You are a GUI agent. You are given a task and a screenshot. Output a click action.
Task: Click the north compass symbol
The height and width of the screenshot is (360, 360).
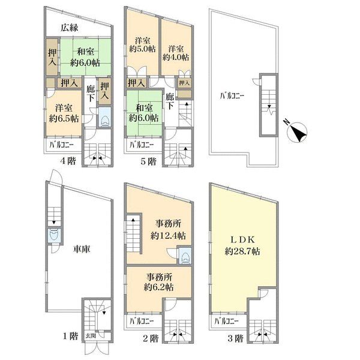(x=296, y=131)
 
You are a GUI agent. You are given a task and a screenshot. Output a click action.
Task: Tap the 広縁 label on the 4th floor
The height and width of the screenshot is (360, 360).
(x=70, y=28)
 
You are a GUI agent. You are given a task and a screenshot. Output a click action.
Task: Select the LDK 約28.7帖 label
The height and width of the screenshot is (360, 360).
(x=242, y=246)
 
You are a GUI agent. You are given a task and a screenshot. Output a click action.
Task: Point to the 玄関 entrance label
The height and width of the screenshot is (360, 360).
(x=91, y=336)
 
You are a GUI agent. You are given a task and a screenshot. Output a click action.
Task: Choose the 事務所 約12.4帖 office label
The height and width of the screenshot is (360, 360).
(x=168, y=230)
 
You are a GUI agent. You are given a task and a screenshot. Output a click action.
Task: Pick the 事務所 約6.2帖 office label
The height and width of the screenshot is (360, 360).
(x=158, y=282)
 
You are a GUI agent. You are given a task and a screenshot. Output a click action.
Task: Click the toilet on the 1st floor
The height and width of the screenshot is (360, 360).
(x=55, y=235)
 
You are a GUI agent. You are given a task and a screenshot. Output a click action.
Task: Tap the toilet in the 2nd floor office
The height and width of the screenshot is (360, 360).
(x=185, y=256)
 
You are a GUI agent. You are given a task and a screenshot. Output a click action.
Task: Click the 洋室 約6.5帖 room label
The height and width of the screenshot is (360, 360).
(x=64, y=113)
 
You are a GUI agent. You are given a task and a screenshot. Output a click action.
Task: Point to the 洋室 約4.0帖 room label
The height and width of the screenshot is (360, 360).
(x=176, y=53)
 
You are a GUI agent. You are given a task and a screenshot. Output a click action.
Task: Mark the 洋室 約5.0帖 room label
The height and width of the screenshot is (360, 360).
(x=142, y=45)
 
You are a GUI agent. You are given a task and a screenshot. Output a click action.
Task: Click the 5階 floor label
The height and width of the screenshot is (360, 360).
(x=148, y=161)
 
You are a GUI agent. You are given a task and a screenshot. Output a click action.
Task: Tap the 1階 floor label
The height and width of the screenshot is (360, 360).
(x=70, y=336)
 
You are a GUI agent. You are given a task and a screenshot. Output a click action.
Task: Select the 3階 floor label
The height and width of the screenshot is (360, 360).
(x=235, y=338)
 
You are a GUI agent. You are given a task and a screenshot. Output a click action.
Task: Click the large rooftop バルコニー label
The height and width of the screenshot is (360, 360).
(x=232, y=96)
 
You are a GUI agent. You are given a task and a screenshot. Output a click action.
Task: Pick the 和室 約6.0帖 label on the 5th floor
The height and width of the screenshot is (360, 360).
(x=144, y=113)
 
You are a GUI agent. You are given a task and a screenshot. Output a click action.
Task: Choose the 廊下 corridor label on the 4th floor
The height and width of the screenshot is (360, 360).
(x=91, y=93)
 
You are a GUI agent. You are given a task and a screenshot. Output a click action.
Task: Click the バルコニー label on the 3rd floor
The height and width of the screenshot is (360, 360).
(x=226, y=321)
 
